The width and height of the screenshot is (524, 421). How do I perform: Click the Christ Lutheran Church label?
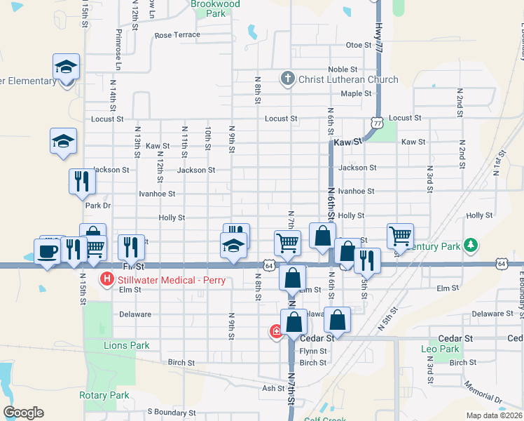coord(348,80)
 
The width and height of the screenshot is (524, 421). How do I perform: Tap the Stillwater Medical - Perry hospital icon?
coord(107,279)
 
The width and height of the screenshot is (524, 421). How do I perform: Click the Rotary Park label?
coord(104,395)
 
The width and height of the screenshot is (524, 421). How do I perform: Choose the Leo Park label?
coord(439,349)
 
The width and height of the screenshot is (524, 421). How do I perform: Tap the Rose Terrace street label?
coord(177,35)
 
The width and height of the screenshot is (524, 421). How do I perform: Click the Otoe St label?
coord(358,45)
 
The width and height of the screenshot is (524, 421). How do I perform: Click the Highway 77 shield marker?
coord(378,122)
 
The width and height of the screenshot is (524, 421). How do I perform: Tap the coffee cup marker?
coord(48,251)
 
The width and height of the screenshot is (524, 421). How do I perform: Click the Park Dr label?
coord(98,206)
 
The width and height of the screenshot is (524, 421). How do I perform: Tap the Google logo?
coord(23,413)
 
